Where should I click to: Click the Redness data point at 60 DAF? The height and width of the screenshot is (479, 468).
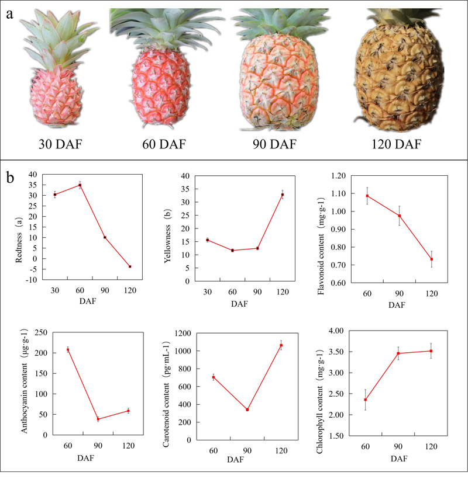(x=80, y=185)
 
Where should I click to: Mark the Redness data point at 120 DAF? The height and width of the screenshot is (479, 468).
(x=130, y=266)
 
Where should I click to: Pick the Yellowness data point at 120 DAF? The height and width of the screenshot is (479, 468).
(x=283, y=195)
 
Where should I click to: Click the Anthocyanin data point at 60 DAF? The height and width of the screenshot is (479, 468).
(x=68, y=350)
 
